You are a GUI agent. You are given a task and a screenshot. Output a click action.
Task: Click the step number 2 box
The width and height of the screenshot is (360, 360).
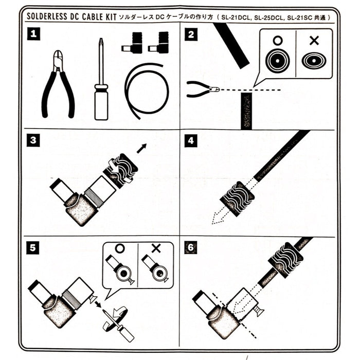pyautogui.click(x=191, y=35)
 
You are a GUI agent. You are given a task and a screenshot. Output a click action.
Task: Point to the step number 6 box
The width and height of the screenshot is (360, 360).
pyautogui.click(x=191, y=247)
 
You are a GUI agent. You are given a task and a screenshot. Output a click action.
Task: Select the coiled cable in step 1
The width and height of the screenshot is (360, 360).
pyautogui.click(x=147, y=90)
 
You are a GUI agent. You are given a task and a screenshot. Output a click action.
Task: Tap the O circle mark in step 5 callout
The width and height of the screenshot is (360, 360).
pyautogui.click(x=120, y=248)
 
